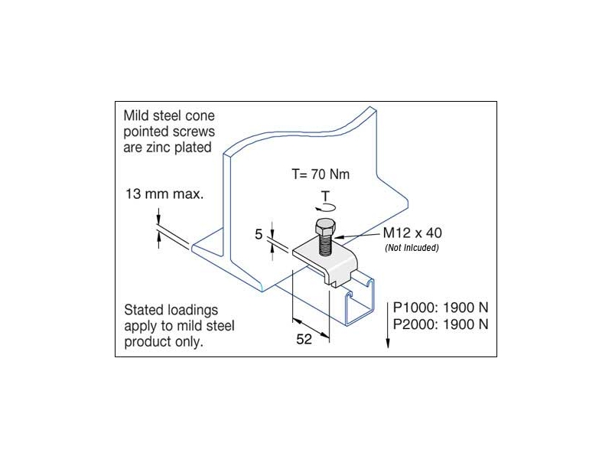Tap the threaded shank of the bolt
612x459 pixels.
[x=326, y=245]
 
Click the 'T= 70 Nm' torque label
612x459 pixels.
[x=321, y=174]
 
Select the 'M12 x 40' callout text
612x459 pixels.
[x=412, y=233]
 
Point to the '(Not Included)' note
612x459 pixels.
[x=412, y=248]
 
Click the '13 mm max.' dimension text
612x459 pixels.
[x=164, y=194]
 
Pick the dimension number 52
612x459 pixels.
[x=304, y=339]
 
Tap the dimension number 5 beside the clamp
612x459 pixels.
[x=259, y=234]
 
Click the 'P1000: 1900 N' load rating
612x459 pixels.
[x=441, y=308]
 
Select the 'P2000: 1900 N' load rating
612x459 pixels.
[x=441, y=324]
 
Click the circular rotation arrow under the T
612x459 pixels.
[x=325, y=207]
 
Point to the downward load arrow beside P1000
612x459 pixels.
[x=388, y=324]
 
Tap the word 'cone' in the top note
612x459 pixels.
[x=200, y=116]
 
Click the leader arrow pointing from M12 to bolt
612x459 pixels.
[x=356, y=236]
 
